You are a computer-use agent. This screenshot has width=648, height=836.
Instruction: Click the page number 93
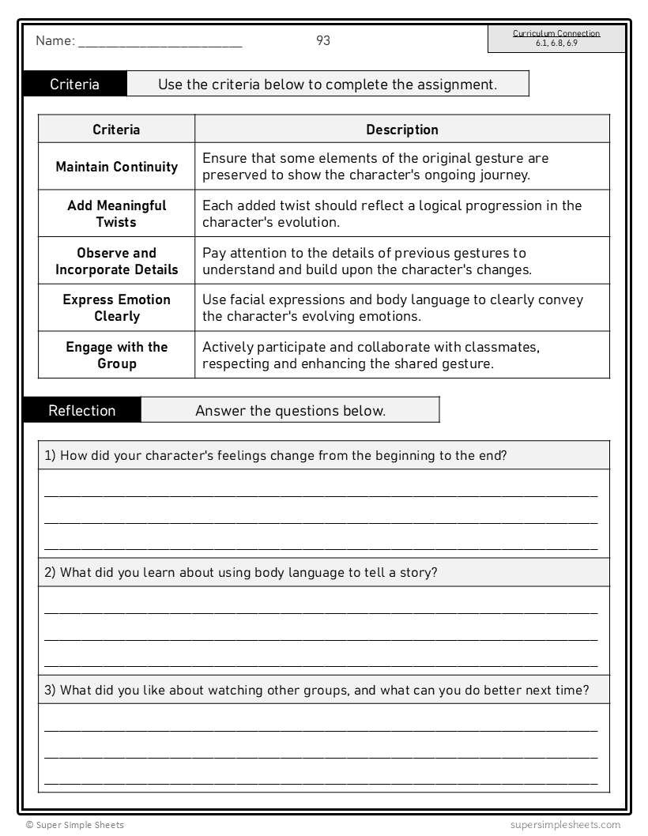[323, 41]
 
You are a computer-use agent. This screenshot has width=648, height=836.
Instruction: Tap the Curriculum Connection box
[556, 39]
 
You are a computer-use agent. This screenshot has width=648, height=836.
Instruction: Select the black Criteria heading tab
[75, 85]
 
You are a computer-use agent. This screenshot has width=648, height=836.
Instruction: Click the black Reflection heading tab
[82, 410]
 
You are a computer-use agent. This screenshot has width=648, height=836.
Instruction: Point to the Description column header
[401, 130]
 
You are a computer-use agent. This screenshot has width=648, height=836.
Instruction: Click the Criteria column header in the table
[116, 130]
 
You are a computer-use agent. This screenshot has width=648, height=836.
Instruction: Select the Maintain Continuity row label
[116, 167]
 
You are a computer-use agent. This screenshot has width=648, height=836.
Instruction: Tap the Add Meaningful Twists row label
[116, 213]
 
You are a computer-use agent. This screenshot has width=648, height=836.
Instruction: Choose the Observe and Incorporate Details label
[116, 261]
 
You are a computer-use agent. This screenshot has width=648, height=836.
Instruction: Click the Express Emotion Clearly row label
[116, 307]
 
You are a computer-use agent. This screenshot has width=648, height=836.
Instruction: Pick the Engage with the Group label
[116, 355]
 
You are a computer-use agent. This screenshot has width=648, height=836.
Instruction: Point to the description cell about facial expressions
[393, 307]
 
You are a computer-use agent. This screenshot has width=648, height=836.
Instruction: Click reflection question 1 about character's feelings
[276, 455]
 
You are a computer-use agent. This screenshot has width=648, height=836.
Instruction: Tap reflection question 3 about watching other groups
[317, 690]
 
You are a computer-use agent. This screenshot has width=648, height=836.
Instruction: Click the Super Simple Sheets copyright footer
[74, 825]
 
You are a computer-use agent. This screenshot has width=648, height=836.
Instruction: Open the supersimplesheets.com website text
[566, 825]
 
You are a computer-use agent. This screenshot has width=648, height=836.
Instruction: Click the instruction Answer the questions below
[290, 410]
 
